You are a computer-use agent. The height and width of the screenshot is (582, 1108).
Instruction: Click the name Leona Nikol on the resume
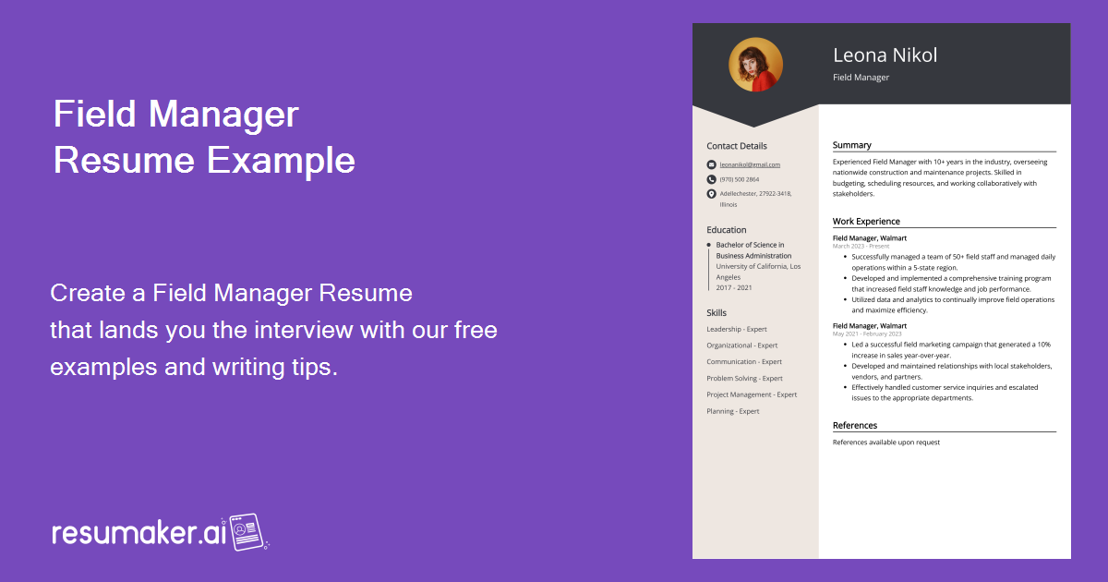click(x=885, y=55)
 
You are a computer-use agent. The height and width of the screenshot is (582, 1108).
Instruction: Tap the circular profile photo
click(x=755, y=65)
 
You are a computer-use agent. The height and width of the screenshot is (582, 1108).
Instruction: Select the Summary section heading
click(x=851, y=145)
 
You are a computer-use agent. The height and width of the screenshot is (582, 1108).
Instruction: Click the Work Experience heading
click(x=866, y=222)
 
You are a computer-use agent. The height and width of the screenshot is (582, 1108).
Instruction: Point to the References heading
click(x=855, y=426)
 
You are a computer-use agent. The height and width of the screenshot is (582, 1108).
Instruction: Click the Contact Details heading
click(x=737, y=146)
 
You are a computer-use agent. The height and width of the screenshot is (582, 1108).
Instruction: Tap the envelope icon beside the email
click(x=711, y=164)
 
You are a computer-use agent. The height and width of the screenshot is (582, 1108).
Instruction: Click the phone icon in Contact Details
click(x=711, y=179)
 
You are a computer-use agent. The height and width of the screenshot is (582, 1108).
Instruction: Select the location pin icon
click(x=711, y=194)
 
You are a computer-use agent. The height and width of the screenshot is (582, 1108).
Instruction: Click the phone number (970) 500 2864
click(x=740, y=179)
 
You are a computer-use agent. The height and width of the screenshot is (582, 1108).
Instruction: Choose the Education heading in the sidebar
click(x=727, y=230)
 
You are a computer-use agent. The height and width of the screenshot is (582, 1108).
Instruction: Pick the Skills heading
click(x=717, y=313)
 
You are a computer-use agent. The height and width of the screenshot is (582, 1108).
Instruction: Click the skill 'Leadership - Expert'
click(x=737, y=329)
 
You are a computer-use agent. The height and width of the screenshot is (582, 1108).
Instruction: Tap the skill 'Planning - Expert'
click(x=733, y=411)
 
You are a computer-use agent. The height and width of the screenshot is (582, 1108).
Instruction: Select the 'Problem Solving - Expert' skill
click(x=744, y=379)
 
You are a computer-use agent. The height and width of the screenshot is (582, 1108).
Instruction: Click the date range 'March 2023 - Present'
click(x=861, y=247)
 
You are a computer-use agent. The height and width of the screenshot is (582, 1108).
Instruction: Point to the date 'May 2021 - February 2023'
click(x=867, y=333)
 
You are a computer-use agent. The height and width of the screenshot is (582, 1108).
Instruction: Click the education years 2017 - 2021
click(x=734, y=287)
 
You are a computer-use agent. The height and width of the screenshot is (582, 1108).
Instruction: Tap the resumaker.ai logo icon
click(x=247, y=532)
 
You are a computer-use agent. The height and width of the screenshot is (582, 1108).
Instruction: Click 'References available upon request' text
click(x=885, y=443)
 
